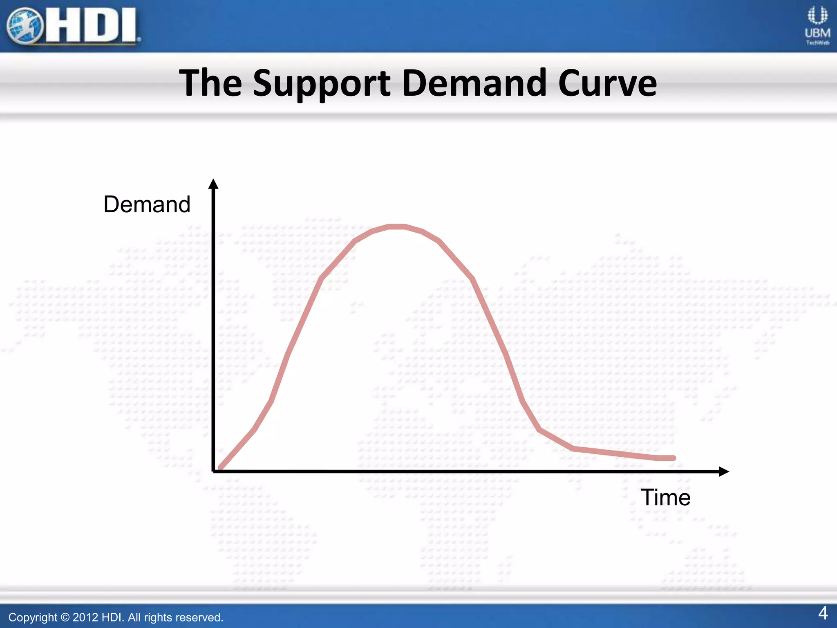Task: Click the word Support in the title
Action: coord(322,84)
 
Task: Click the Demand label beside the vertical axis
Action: coord(147,204)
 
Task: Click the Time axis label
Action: coord(665,498)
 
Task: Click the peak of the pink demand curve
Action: coord(396,227)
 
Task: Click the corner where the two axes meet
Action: coord(213,471)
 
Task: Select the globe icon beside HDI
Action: coord(25,26)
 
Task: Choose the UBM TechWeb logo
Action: coord(817,25)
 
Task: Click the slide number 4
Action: coord(823,613)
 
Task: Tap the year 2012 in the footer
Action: coord(85,617)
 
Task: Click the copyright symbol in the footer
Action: coord(65,617)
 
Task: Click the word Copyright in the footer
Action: coord(33,617)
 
